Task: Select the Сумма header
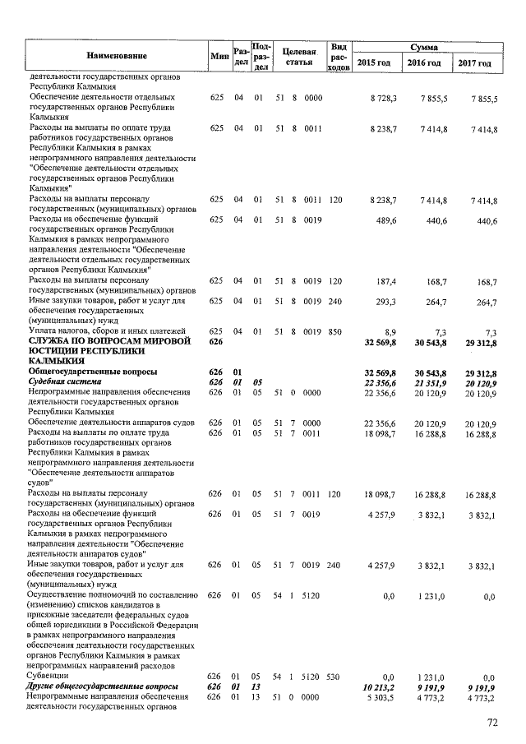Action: [425, 48]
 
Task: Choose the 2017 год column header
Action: [475, 63]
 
